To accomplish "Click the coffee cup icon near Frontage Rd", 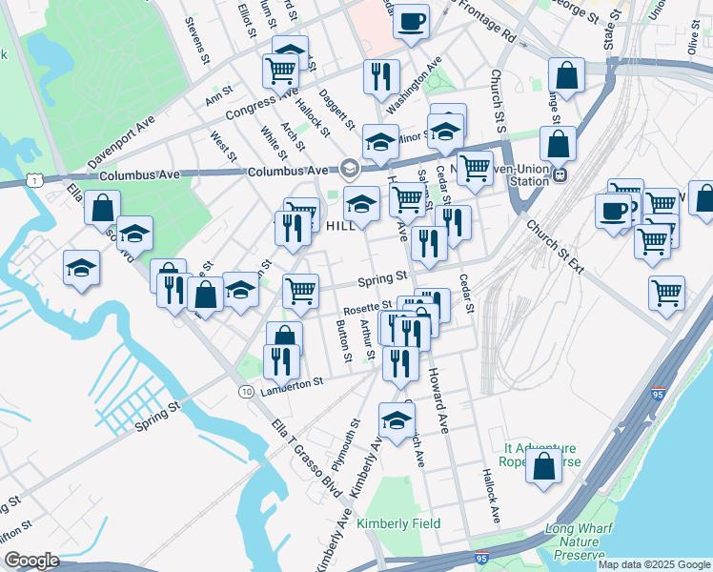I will point(411,21).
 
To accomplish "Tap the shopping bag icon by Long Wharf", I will point(543,467).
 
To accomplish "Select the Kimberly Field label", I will point(398,523).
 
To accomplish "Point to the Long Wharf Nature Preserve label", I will point(575,542).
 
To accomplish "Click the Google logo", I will point(31,561).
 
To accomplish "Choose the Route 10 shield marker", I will point(246,392).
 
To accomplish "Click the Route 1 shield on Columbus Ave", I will point(34,180).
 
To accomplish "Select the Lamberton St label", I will point(293,380).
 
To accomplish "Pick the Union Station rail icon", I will point(560,174).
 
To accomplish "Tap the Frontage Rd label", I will point(486,23).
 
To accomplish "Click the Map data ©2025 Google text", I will point(654,564).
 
